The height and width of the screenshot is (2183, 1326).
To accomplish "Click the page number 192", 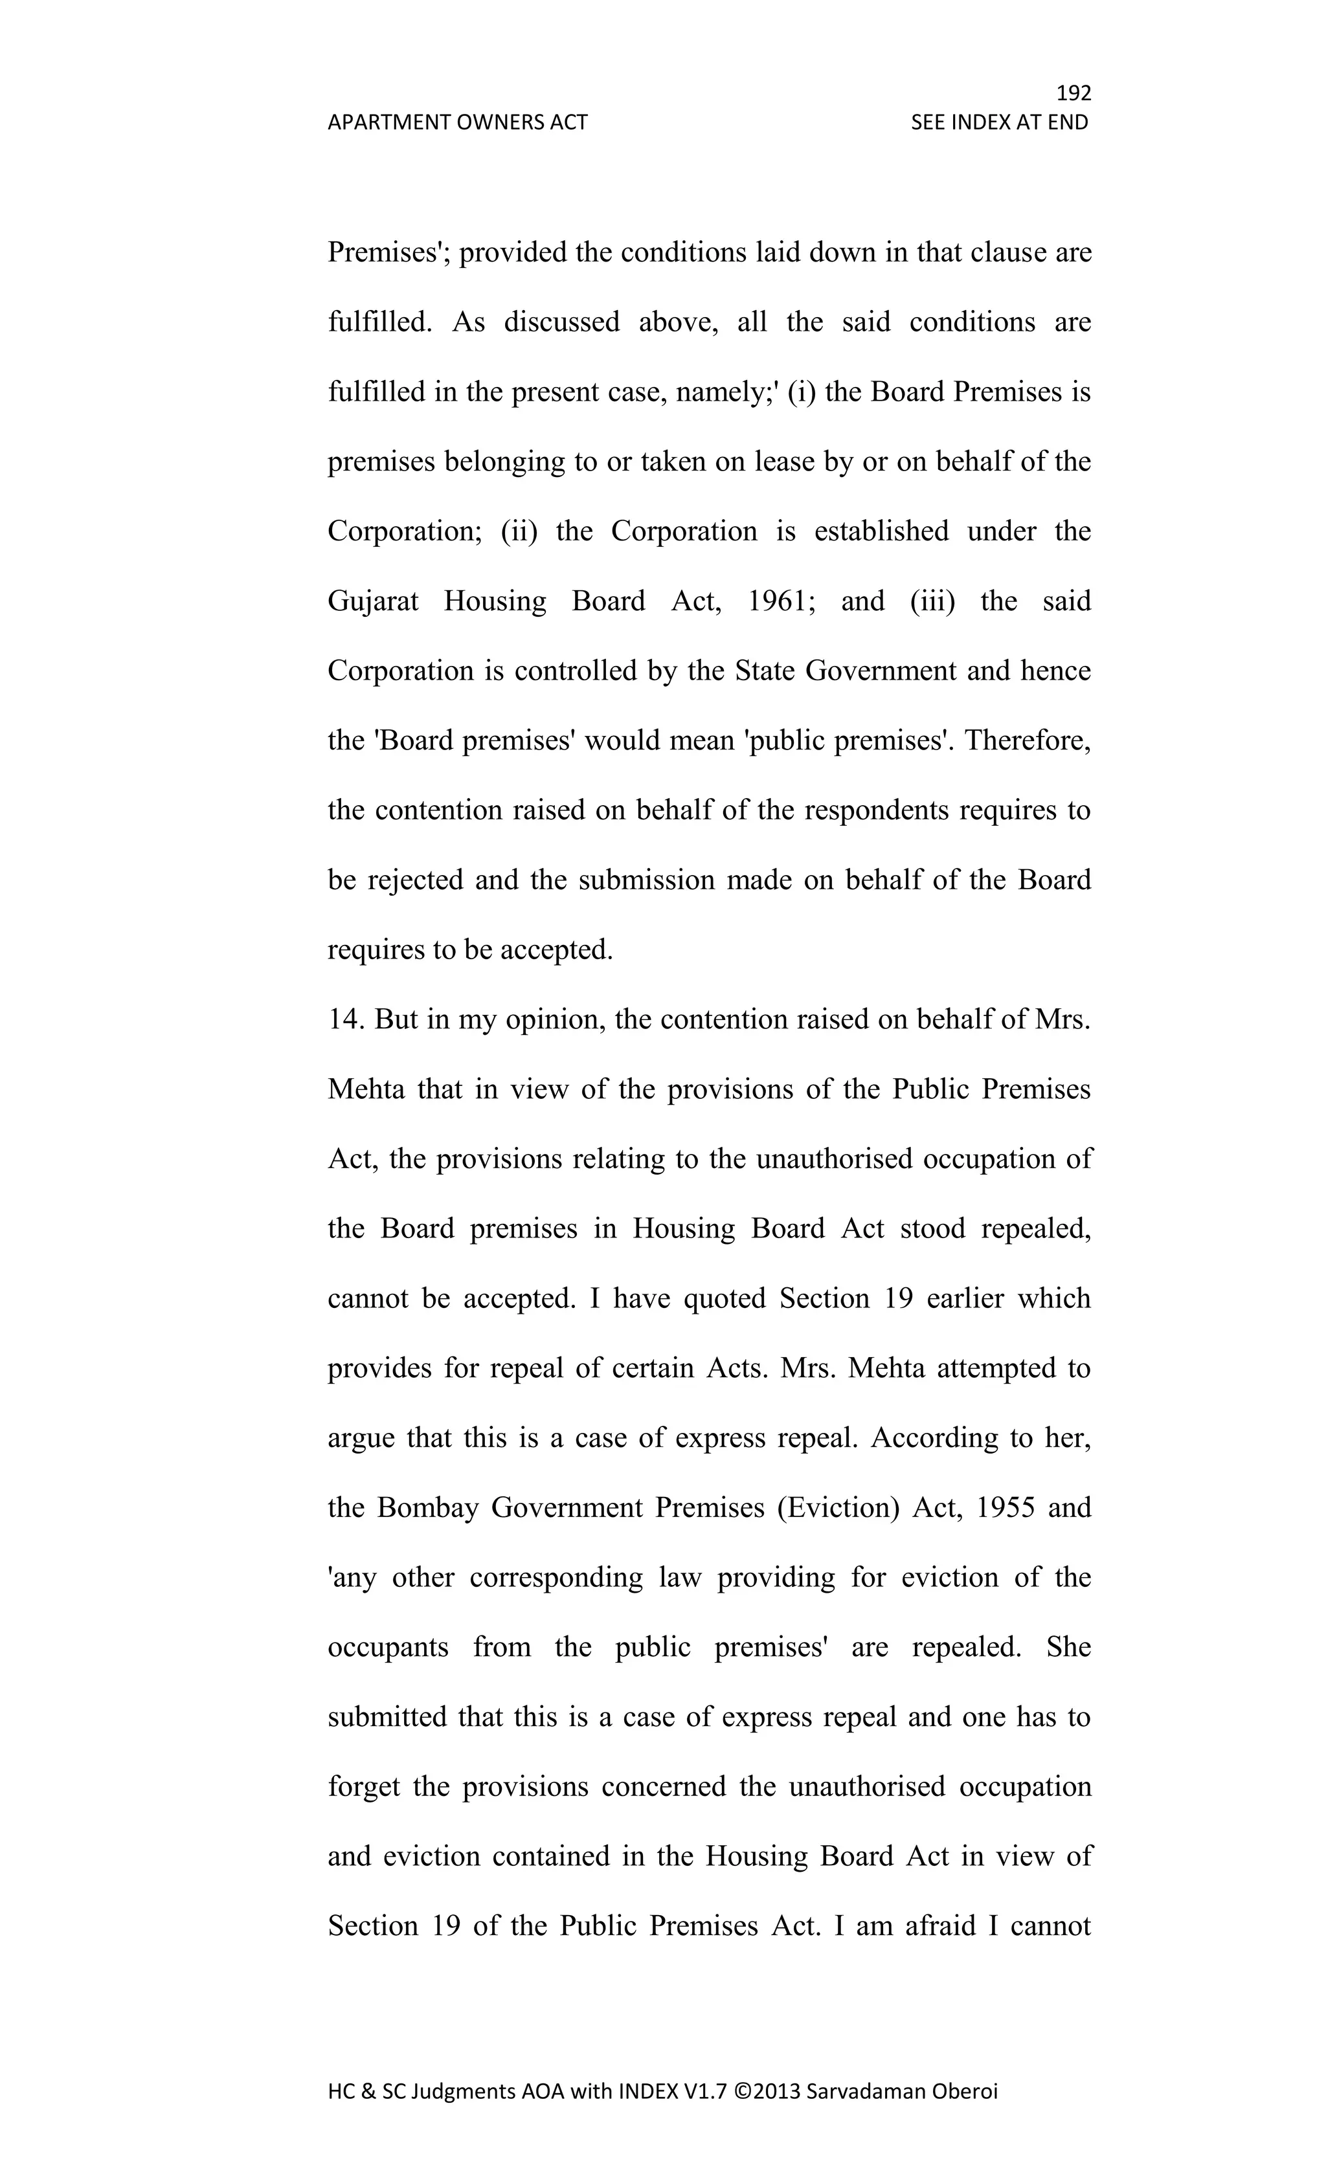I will pos(1073,93).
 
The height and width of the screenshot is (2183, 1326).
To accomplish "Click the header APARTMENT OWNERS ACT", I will pos(457,122).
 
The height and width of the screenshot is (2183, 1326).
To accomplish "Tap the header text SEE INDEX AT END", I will pos(999,122).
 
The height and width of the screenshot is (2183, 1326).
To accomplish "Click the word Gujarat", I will pos(373,601).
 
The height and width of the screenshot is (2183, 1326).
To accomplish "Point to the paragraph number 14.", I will pos(346,1020).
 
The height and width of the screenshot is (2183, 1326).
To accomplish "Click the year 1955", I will pos(1005,1508).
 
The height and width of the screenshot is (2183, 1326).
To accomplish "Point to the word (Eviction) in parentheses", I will pos(838,1508).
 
